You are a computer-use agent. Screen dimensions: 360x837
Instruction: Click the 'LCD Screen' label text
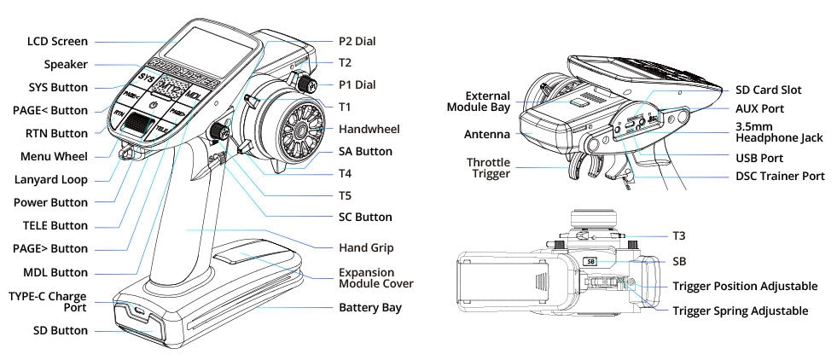point(57,41)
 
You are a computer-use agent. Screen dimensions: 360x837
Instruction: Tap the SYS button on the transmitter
point(147,78)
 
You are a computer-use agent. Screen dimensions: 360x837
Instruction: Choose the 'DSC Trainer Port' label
point(779,176)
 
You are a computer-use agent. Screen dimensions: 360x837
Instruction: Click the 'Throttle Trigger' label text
point(488,167)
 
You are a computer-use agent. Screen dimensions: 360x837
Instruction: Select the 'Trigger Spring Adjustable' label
point(739,311)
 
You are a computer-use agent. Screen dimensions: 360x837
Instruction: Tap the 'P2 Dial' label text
point(357,40)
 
